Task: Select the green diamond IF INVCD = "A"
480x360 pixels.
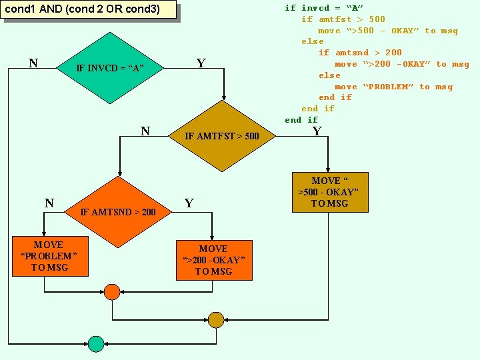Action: (x=110, y=68)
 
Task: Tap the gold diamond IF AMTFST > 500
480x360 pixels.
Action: (x=222, y=136)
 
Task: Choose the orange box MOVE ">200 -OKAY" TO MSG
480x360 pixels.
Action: (x=213, y=260)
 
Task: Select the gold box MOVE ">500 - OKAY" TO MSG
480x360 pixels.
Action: (x=329, y=192)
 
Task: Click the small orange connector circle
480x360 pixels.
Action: (x=112, y=293)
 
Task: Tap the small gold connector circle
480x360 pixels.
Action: (x=216, y=319)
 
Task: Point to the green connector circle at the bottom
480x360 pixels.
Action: (x=96, y=344)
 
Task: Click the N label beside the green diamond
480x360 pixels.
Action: (x=33, y=63)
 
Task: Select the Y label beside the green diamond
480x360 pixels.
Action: (x=201, y=63)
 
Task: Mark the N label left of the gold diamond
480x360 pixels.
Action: (x=145, y=131)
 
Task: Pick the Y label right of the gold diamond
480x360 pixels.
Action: (x=317, y=131)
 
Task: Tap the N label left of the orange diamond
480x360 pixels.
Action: (x=49, y=203)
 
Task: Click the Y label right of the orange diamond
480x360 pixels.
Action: (x=189, y=203)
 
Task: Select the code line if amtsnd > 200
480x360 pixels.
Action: (x=360, y=53)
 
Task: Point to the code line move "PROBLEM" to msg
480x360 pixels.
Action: (x=393, y=87)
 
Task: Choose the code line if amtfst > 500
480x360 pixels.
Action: (x=343, y=19)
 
